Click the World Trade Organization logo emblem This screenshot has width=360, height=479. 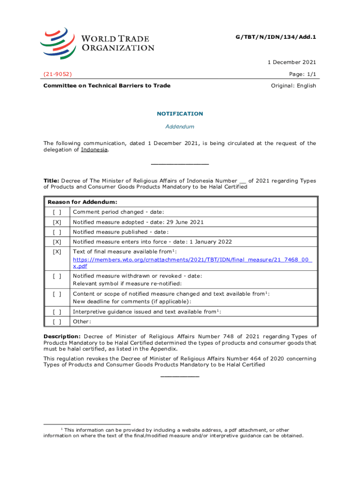57,41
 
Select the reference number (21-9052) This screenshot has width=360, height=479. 58,74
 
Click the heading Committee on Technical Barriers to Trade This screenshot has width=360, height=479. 107,86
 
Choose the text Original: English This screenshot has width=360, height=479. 294,86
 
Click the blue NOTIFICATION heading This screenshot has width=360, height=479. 180,114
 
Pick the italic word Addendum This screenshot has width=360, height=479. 180,127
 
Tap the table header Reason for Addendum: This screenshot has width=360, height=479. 82,202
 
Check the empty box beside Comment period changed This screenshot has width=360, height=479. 57,212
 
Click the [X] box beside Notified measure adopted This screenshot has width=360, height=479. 57,222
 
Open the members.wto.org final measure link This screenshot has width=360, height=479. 192,260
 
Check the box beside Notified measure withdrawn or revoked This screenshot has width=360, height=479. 57,276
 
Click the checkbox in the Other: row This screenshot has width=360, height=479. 57,321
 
